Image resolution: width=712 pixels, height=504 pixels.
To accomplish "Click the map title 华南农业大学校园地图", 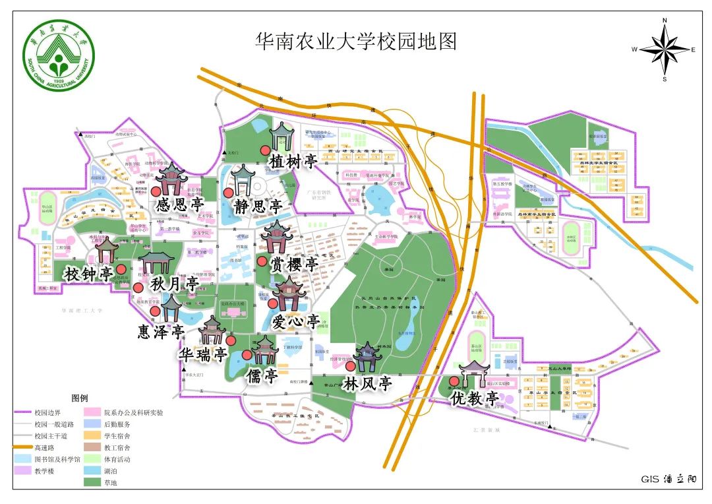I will point(355,42).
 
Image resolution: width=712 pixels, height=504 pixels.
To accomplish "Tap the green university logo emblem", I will point(59,59).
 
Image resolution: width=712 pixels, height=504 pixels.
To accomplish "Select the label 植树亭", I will point(293,162).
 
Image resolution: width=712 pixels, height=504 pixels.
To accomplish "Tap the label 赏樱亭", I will point(294,264).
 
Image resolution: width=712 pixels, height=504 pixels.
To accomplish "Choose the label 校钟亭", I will point(88,274).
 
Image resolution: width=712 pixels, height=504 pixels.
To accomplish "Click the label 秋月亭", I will point(174,285).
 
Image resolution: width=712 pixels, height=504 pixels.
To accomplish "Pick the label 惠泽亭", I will point(160,331).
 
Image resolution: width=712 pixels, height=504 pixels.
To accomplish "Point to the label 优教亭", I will point(475,398).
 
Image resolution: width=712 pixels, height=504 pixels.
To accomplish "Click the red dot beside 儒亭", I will point(247,355).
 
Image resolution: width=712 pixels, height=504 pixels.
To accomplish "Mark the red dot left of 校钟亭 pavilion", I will point(121,269).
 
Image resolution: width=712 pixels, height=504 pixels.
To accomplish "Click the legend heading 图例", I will point(79,398).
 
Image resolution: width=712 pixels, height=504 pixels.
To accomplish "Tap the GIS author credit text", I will point(668,480).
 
